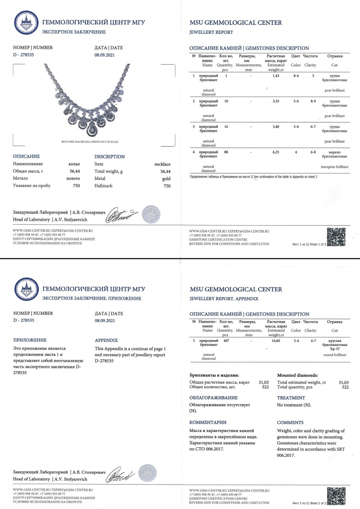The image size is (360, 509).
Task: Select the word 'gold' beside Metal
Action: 167,178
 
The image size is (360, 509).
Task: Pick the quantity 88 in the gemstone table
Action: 226,152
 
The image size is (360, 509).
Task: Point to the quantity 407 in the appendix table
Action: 227,340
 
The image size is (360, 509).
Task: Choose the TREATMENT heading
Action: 291,398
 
